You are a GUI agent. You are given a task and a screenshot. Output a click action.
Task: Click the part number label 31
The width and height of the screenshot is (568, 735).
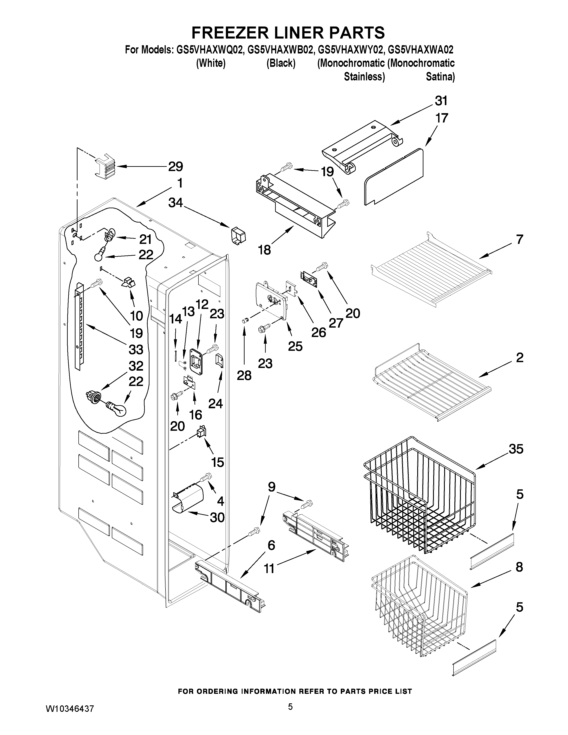441,101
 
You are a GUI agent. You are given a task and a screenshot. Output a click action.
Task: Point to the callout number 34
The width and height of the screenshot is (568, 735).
176,203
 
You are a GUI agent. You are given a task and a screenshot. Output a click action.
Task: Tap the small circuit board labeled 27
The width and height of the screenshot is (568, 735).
310,279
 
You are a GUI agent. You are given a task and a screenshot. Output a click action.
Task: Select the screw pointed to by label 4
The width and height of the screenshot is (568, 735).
205,477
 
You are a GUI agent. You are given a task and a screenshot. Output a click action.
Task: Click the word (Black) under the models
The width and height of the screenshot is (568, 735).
281,63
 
